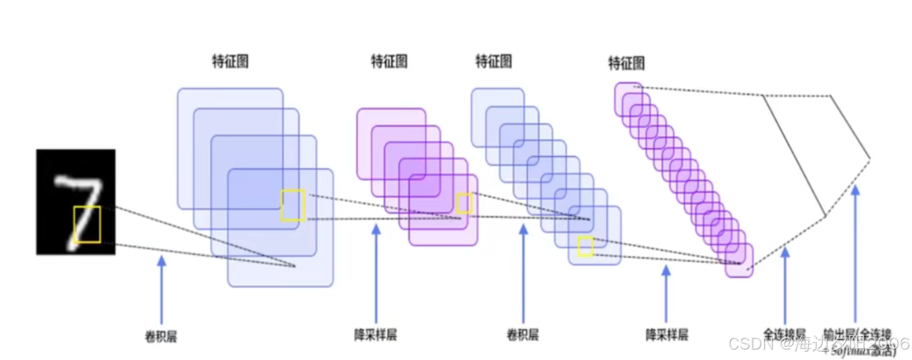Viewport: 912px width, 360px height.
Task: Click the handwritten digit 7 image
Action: [x=76, y=201]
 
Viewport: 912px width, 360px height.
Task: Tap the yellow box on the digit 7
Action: [x=87, y=224]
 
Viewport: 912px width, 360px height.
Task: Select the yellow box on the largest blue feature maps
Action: [x=293, y=205]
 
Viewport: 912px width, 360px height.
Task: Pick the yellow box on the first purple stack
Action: [x=464, y=203]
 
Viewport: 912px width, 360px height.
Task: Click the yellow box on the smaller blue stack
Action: [x=586, y=246]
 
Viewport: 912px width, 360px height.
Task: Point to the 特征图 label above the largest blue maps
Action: [x=230, y=61]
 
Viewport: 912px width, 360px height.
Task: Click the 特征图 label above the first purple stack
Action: [x=389, y=61]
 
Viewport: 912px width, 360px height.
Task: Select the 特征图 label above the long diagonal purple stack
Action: [x=626, y=63]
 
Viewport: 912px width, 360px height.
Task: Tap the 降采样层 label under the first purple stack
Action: [x=375, y=334]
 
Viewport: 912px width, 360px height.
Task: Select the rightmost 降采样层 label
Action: [x=667, y=334]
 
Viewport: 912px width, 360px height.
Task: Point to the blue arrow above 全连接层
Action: [x=785, y=285]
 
